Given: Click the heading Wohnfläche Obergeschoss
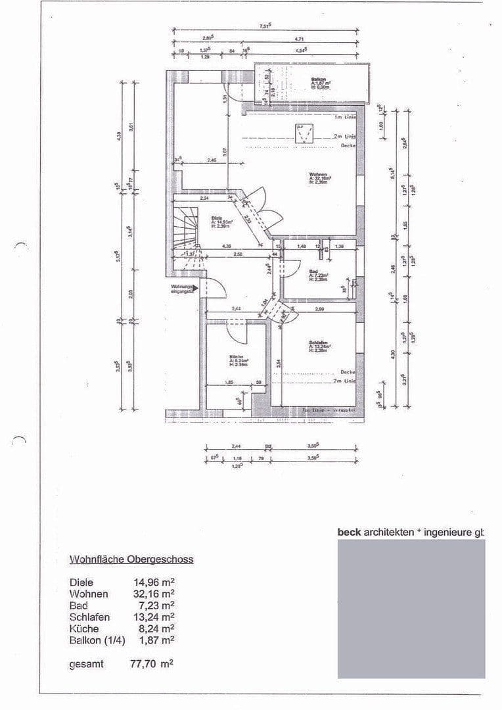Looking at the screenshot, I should click(x=131, y=559).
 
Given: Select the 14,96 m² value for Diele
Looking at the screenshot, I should click(x=154, y=582).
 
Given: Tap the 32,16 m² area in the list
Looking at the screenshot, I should click(x=154, y=594).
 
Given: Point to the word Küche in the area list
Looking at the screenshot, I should click(x=84, y=628).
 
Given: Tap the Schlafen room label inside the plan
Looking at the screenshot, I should click(x=318, y=342).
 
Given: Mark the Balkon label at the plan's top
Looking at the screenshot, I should click(x=319, y=79).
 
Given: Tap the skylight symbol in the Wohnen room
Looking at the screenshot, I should click(x=303, y=134).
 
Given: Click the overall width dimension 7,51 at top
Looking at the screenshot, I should click(x=265, y=26).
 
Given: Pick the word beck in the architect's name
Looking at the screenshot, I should click(x=349, y=532).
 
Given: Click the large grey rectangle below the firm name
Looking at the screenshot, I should click(x=411, y=608).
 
